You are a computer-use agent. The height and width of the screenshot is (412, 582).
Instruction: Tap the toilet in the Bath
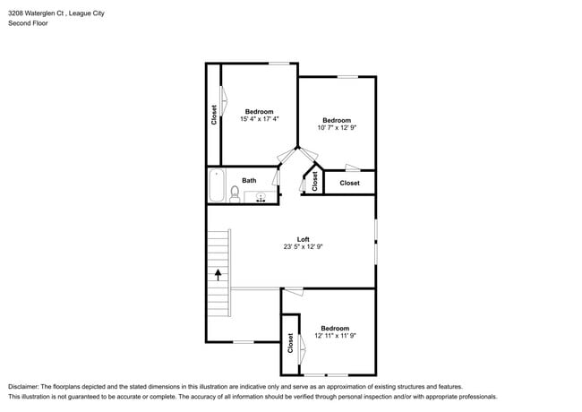(235, 193)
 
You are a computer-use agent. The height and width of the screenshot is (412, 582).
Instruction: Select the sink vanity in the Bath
(261, 197)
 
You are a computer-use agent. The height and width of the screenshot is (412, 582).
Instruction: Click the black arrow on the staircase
(217, 276)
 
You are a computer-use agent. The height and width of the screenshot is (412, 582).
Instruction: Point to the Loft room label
(304, 239)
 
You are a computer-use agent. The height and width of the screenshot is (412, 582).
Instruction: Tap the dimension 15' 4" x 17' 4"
(259, 119)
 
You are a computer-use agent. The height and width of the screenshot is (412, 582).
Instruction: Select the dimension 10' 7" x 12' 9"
(336, 128)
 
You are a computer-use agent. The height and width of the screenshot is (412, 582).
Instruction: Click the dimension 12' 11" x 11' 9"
(335, 336)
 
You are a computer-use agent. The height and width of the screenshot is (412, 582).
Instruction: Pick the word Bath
(249, 180)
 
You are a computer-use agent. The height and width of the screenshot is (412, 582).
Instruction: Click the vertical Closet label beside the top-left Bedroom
(214, 115)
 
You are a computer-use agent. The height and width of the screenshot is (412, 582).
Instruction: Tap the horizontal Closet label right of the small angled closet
(349, 183)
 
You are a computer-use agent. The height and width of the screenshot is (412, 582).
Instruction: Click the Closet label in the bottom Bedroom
(291, 344)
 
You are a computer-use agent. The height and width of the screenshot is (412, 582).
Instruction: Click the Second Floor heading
(28, 23)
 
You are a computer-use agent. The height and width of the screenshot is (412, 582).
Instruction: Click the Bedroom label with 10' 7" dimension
(336, 120)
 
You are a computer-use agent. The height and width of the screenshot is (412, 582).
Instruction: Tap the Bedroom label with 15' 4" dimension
(259, 111)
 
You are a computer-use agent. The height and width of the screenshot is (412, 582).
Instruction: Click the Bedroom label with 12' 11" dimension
(335, 328)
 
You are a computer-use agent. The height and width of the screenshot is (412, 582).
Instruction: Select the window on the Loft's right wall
(375, 242)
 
